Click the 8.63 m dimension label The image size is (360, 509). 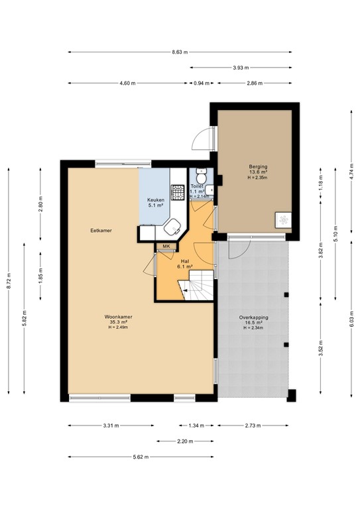point(180,52)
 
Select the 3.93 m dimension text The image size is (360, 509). point(241,68)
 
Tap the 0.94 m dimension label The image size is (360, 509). point(202,83)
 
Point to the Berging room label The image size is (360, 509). point(258,167)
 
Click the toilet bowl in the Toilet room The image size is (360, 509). point(202,176)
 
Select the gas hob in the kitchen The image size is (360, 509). point(178,192)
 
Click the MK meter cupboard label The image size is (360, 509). point(166,247)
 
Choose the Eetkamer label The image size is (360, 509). point(101,231)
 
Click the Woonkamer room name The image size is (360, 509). point(118,317)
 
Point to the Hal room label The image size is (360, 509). point(186,261)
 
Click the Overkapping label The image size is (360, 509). point(253,317)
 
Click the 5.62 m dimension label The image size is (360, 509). point(141,457)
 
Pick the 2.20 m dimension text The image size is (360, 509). point(185,441)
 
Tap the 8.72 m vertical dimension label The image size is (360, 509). point(9,281)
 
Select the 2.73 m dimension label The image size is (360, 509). point(253,425)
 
